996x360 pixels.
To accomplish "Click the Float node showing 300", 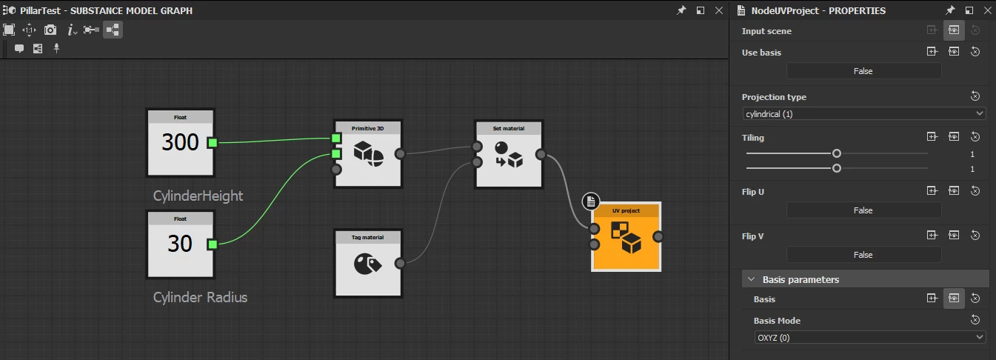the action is click(181, 143).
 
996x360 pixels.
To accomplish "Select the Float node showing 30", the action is click(181, 244).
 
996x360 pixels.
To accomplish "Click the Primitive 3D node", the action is click(368, 154).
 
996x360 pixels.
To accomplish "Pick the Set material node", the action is click(509, 154).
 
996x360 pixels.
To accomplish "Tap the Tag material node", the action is click(368, 263).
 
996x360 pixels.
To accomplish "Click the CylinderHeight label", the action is click(198, 196).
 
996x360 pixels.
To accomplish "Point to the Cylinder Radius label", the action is click(200, 297).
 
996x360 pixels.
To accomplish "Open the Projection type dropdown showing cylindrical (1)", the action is click(864, 114).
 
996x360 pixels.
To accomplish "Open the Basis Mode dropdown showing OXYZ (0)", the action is click(869, 338).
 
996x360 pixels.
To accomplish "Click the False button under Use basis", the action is click(863, 71).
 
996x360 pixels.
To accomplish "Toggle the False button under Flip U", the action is click(863, 210).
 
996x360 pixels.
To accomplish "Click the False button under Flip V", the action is click(863, 255).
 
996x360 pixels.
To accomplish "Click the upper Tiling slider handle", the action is click(836, 153).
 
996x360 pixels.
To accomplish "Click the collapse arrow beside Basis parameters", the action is click(752, 279).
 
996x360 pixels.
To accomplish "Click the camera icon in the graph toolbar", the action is click(50, 30).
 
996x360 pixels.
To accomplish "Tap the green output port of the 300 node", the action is click(213, 143).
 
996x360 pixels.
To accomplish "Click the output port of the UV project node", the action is click(658, 237).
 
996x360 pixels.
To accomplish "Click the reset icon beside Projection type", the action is click(975, 96).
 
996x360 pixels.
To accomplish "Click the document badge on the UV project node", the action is click(590, 201).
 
